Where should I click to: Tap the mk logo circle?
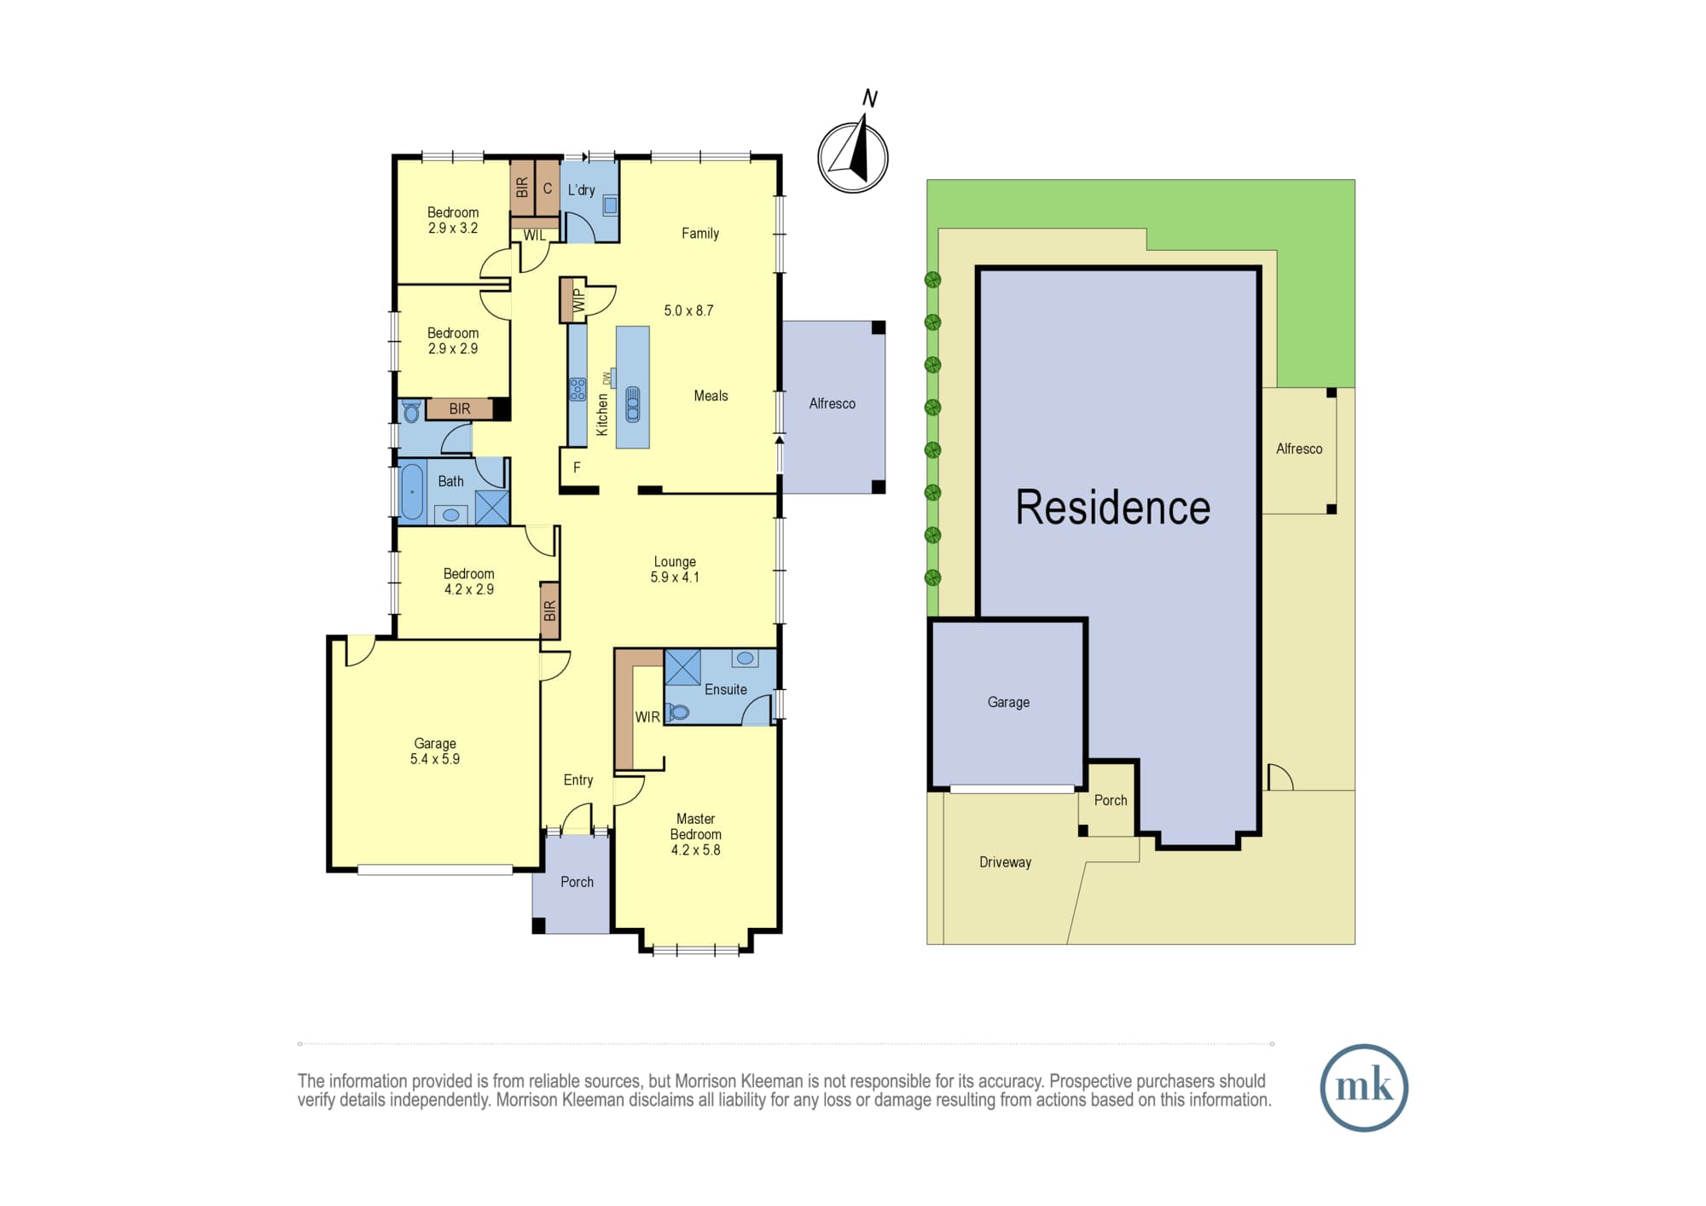tap(1364, 1087)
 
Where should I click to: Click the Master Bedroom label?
tap(696, 826)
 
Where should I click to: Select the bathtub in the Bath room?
tap(412, 492)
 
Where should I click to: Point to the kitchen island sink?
tap(633, 404)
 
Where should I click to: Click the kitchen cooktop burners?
tap(577, 390)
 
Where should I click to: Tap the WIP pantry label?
tap(579, 300)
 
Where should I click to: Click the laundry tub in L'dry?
tap(611, 205)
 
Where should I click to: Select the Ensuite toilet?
tap(677, 711)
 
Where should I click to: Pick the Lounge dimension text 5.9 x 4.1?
tap(675, 577)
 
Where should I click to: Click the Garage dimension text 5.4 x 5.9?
tap(435, 759)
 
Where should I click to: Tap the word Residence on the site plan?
tap(1113, 507)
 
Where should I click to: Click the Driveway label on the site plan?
tap(1006, 862)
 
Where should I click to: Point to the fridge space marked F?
tap(577, 467)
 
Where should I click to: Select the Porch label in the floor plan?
tap(577, 882)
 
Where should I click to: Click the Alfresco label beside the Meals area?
tap(833, 403)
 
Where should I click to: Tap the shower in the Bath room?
tap(492, 507)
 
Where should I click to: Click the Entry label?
tap(578, 780)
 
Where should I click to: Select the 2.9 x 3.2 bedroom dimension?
tap(453, 228)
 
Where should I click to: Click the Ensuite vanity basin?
tap(746, 658)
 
